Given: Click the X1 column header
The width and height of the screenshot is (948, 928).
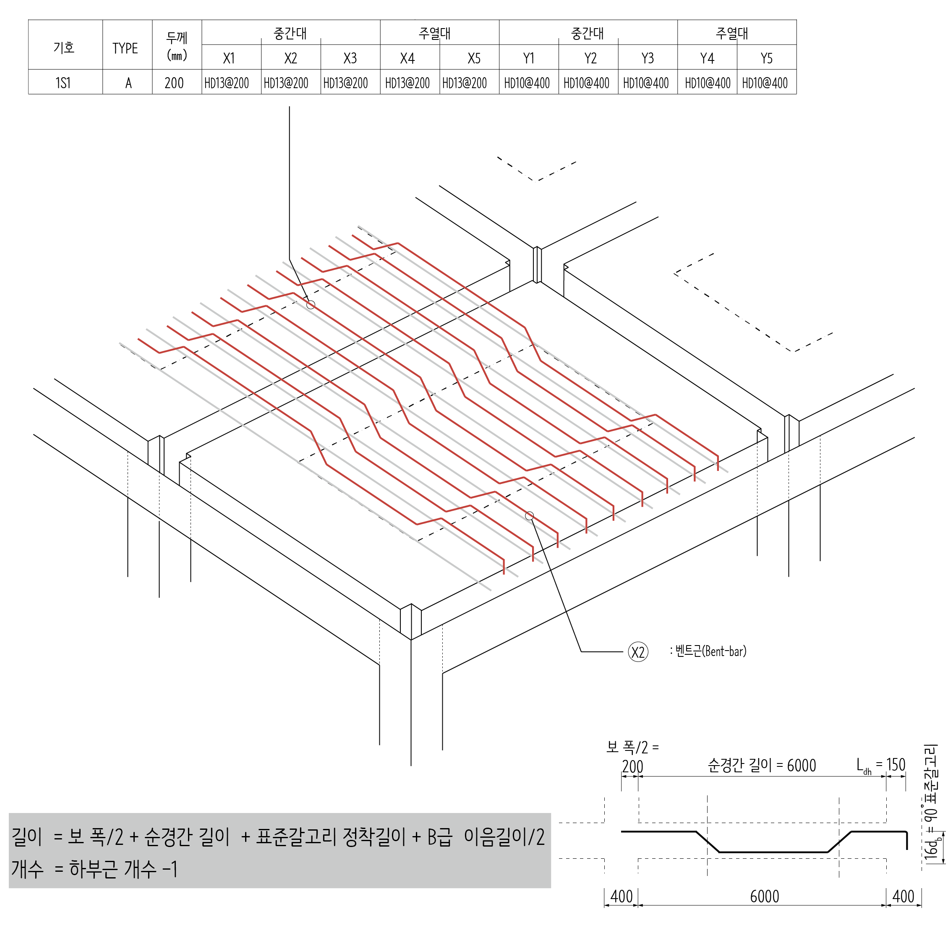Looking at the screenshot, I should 229,58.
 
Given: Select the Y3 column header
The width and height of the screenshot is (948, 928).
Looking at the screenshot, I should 647,58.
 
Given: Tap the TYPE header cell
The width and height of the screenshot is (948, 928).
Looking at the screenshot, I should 125,48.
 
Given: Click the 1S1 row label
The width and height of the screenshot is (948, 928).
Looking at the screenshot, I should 63,83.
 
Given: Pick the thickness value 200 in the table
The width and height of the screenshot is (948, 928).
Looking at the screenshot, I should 174,83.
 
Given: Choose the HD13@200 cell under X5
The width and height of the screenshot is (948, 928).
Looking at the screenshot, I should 464,83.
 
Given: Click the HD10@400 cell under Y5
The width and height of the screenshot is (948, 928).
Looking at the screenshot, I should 764,83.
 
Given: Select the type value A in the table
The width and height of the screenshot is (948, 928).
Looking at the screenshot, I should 128,83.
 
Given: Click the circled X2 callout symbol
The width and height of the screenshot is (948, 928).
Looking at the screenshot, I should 637,652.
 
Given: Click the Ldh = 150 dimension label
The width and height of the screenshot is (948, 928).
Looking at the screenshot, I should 880,765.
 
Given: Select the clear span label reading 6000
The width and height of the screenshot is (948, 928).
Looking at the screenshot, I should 761,765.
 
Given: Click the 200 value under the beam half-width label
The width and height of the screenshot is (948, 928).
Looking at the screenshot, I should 632,767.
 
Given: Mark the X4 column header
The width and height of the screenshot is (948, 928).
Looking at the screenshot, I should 407,58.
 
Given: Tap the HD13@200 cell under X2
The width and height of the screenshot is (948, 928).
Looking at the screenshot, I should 286,83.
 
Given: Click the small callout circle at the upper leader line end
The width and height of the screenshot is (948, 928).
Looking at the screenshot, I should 311,305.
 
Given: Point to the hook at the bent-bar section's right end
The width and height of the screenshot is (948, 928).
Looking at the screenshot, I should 906,840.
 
